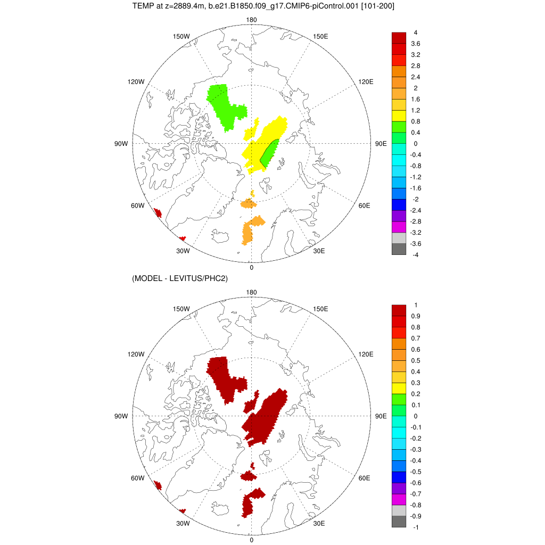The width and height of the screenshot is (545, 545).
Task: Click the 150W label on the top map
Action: tap(181, 36)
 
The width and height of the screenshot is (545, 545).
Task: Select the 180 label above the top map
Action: tap(251, 20)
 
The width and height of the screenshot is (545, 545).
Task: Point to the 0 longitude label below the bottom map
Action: tap(251, 540)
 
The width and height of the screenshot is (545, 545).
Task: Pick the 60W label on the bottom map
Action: tap(137, 478)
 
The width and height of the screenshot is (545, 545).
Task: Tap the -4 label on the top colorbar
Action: tap(415, 255)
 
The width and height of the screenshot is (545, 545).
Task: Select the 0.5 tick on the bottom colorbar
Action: tap(416, 360)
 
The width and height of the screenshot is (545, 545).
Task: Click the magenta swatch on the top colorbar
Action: tap(399, 227)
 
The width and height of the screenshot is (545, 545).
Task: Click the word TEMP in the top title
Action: tap(142, 6)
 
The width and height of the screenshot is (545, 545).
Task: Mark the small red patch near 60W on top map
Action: tap(158, 213)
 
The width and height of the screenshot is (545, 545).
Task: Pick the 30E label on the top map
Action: tap(319, 251)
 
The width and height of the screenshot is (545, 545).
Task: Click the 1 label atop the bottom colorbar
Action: tap(415, 305)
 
